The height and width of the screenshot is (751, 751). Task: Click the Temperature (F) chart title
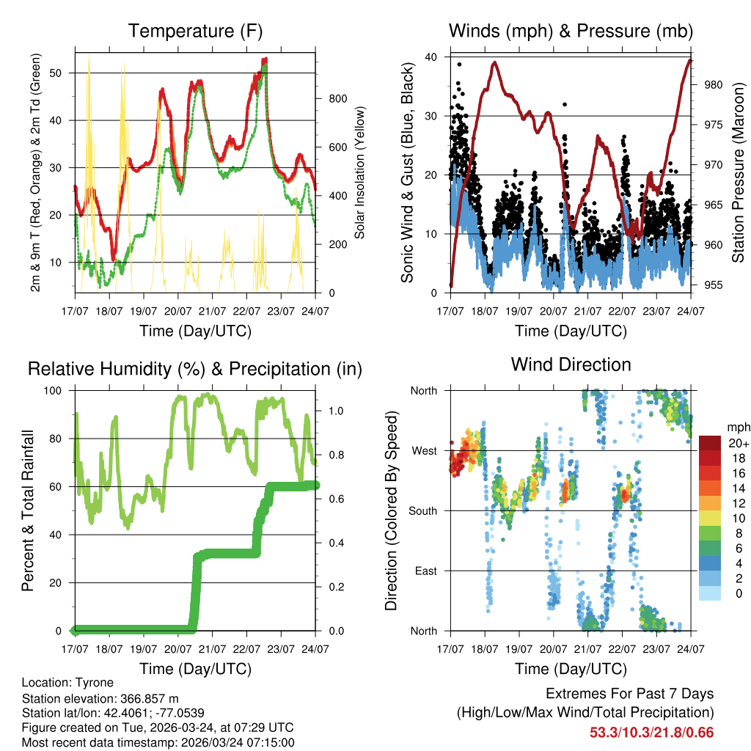(x=194, y=31)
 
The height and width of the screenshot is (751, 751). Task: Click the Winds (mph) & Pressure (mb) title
(x=571, y=31)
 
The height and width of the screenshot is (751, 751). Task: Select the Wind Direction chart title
(x=571, y=364)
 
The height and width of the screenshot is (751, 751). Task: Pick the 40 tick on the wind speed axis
(x=431, y=57)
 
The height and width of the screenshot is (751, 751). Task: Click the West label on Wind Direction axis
(x=423, y=450)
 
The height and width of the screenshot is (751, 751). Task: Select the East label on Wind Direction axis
(x=425, y=571)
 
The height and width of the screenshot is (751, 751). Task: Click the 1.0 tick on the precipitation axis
(x=328, y=411)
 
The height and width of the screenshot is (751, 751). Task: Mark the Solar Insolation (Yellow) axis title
(x=360, y=173)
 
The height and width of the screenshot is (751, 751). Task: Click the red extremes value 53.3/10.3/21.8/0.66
(x=651, y=732)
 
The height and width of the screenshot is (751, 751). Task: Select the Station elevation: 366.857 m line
(x=100, y=698)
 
